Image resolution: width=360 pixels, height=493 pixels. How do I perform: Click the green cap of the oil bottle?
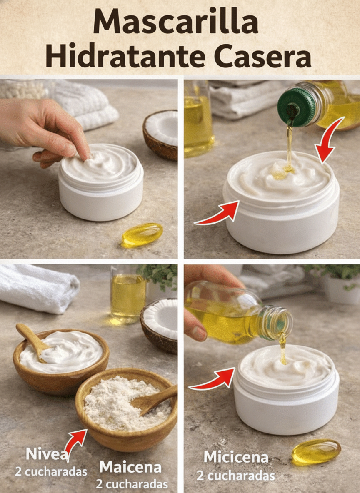(293, 107)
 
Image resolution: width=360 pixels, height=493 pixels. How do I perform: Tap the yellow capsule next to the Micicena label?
(316, 452)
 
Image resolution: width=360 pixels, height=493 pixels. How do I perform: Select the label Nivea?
(47, 454)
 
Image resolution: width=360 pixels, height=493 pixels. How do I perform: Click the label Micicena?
(236, 457)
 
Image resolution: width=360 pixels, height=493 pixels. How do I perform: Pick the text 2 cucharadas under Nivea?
(51, 472)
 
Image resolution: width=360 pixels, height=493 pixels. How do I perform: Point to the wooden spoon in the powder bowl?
(154, 400)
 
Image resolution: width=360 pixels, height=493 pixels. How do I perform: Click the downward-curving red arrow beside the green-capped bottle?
(329, 140)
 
